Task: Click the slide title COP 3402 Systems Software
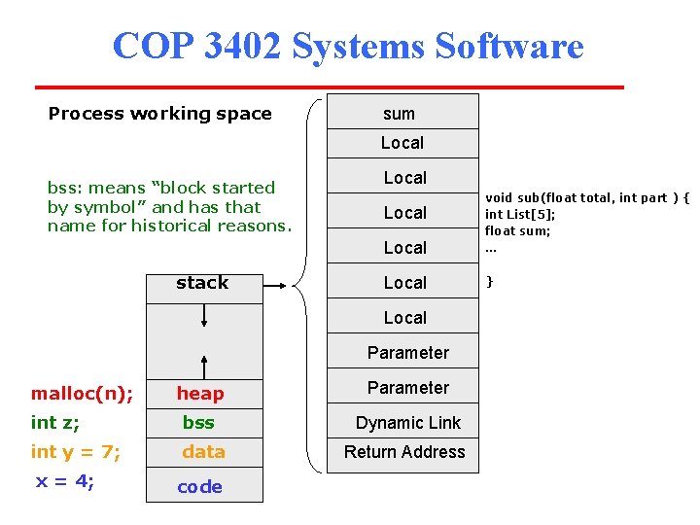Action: pyautogui.click(x=348, y=46)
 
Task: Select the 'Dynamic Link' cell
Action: pyautogui.click(x=407, y=423)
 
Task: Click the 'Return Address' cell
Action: pyautogui.click(x=404, y=452)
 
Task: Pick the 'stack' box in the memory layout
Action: pyautogui.click(x=202, y=283)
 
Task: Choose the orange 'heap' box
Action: pyautogui.click(x=200, y=394)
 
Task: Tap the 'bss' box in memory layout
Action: pyautogui.click(x=199, y=423)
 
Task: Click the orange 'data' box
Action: pyautogui.click(x=203, y=452)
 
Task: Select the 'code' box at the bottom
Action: pyautogui.click(x=200, y=487)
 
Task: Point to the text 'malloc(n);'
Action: pyautogui.click(x=83, y=394)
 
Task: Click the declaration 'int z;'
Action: pyautogui.click(x=55, y=423)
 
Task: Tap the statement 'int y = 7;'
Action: pyautogui.click(x=75, y=452)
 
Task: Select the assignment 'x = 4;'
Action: pyautogui.click(x=65, y=481)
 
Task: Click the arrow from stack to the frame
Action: pyautogui.click(x=274, y=286)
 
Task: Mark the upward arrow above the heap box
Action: pyautogui.click(x=204, y=364)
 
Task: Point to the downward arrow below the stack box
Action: pyautogui.click(x=204, y=317)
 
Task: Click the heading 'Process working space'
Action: pyautogui.click(x=160, y=114)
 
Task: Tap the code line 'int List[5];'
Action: pyautogui.click(x=520, y=214)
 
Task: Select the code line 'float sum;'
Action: pyautogui.click(x=519, y=230)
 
